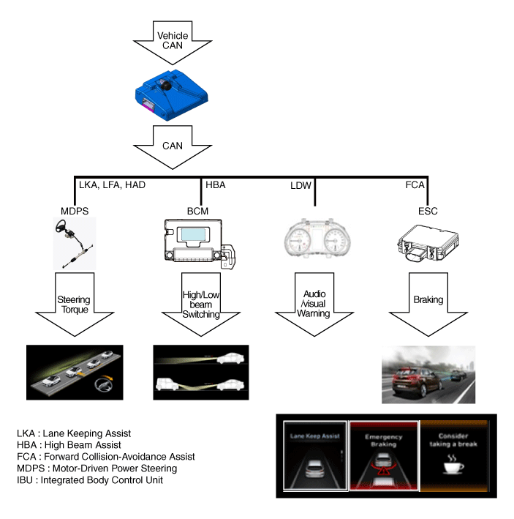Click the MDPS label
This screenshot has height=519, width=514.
75,212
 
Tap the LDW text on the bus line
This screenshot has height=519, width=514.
301,186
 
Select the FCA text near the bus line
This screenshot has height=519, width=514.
415,185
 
